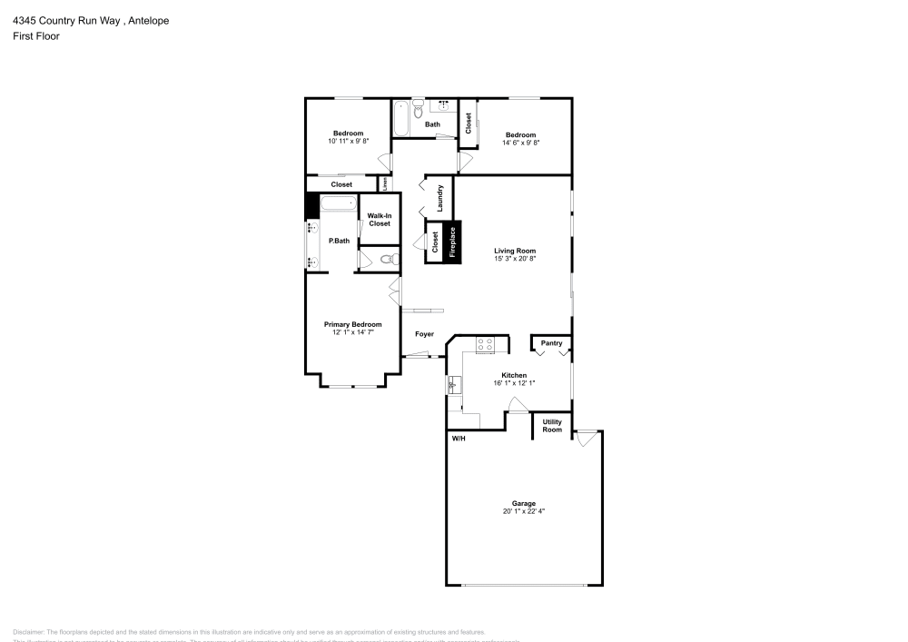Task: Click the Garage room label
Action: pyautogui.click(x=523, y=503)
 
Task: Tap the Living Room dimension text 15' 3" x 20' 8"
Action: pyautogui.click(x=515, y=259)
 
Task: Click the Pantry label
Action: pyautogui.click(x=551, y=343)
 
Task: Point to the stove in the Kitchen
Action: pyautogui.click(x=485, y=344)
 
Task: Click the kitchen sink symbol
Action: pyautogui.click(x=453, y=386)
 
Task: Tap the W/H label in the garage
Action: pyautogui.click(x=459, y=439)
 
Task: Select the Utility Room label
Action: pyautogui.click(x=552, y=426)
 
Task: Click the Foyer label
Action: pyautogui.click(x=424, y=334)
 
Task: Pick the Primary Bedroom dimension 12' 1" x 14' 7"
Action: pyautogui.click(x=353, y=332)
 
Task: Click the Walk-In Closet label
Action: pyautogui.click(x=379, y=220)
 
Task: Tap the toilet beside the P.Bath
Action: pyautogui.click(x=387, y=261)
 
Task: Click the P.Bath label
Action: pyautogui.click(x=339, y=241)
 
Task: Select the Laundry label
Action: pyautogui.click(x=439, y=199)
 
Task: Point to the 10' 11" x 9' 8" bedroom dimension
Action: pyautogui.click(x=348, y=142)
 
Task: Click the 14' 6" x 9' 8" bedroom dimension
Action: pyautogui.click(x=521, y=143)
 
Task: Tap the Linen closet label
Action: pyautogui.click(x=385, y=183)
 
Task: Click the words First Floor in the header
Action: pyautogui.click(x=36, y=36)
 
